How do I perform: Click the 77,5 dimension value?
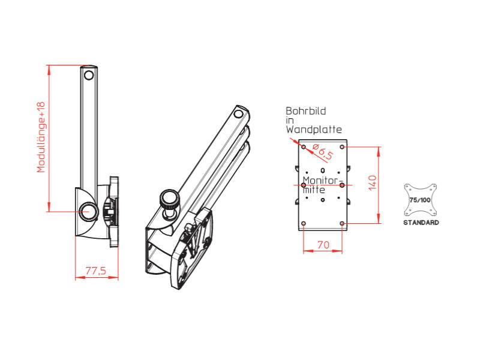click(x=95, y=271)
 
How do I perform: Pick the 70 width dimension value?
click(x=322, y=244)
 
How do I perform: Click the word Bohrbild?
click(x=305, y=112)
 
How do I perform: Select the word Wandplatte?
click(x=313, y=129)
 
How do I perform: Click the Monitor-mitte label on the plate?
click(x=322, y=185)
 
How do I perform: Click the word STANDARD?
click(x=420, y=223)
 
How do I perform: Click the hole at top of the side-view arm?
click(x=89, y=75)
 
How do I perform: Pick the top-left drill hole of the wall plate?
click(x=304, y=146)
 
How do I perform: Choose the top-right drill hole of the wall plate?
click(x=342, y=146)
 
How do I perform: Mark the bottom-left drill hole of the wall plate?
click(x=304, y=223)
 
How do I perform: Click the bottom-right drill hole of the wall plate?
click(x=342, y=223)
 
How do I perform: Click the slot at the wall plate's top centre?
click(x=323, y=154)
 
